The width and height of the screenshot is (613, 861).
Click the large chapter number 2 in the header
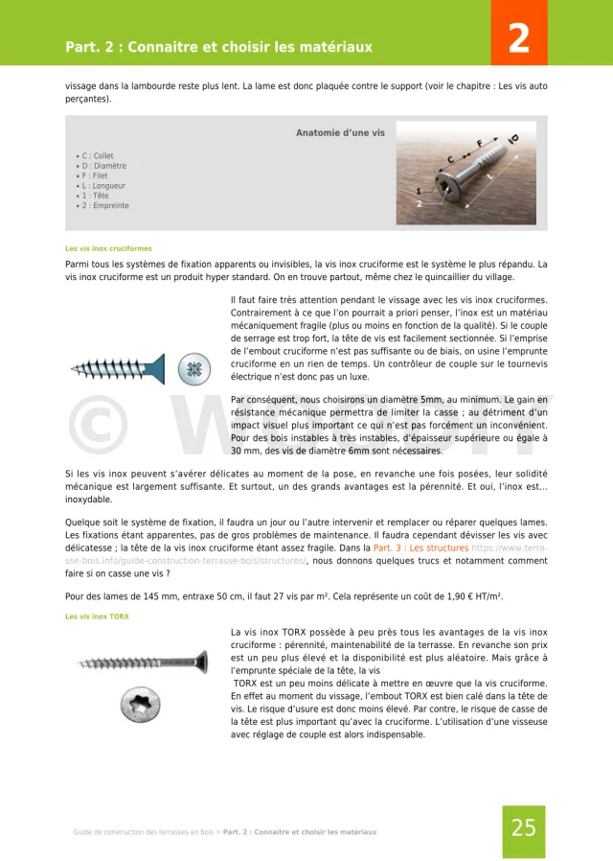[x=518, y=39]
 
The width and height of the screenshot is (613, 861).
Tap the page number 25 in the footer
[x=523, y=828]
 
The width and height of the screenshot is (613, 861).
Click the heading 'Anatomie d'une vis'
[x=340, y=133]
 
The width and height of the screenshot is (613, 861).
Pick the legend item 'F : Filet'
[x=96, y=175]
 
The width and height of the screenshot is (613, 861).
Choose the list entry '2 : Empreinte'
[x=104, y=205]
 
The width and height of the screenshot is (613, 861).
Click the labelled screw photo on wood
[x=466, y=172]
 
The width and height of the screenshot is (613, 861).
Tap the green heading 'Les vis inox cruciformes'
[x=108, y=248]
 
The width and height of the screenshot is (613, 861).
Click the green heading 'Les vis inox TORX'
[x=97, y=617]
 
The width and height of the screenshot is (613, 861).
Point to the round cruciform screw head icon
[x=194, y=367]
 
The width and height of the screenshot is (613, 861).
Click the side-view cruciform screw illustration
[x=120, y=367]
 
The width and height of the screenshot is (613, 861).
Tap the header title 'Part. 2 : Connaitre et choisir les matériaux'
[x=218, y=47]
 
